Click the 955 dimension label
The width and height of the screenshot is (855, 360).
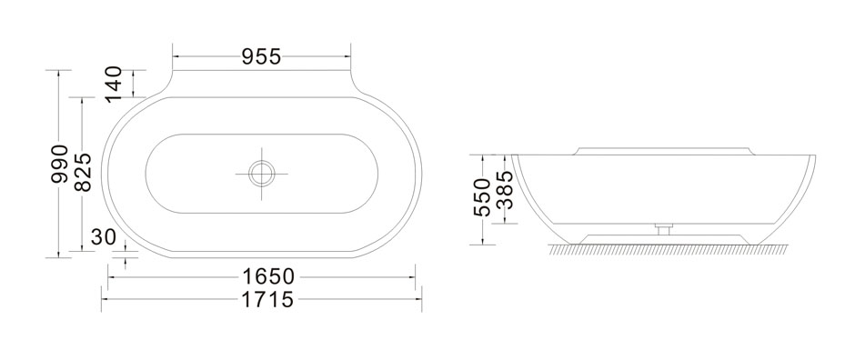(261, 56)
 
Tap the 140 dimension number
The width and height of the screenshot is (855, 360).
(114, 84)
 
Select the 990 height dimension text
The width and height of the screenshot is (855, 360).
(59, 164)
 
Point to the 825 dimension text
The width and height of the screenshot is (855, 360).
(83, 172)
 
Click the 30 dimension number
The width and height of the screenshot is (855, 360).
(104, 237)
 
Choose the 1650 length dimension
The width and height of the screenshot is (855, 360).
(268, 276)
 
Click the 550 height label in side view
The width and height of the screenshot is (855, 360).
(482, 197)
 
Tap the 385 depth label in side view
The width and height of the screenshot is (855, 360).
(504, 190)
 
